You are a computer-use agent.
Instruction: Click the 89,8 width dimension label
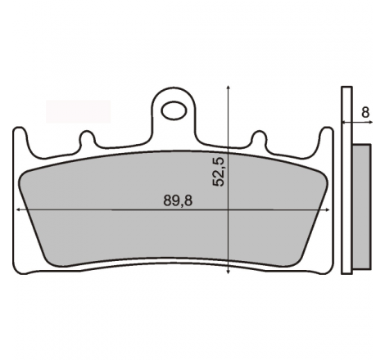178,200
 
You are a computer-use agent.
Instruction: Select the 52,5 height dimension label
219,172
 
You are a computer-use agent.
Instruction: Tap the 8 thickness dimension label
365,112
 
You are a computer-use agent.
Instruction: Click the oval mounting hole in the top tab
174,110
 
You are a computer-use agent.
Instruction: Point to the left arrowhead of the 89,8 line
19,209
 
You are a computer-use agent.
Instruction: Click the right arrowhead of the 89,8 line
327,209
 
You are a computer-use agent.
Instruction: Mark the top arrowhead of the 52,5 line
228,88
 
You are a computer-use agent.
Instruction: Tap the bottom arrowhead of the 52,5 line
228,272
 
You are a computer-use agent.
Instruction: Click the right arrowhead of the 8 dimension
370,123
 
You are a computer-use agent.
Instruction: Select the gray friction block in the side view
362,206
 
